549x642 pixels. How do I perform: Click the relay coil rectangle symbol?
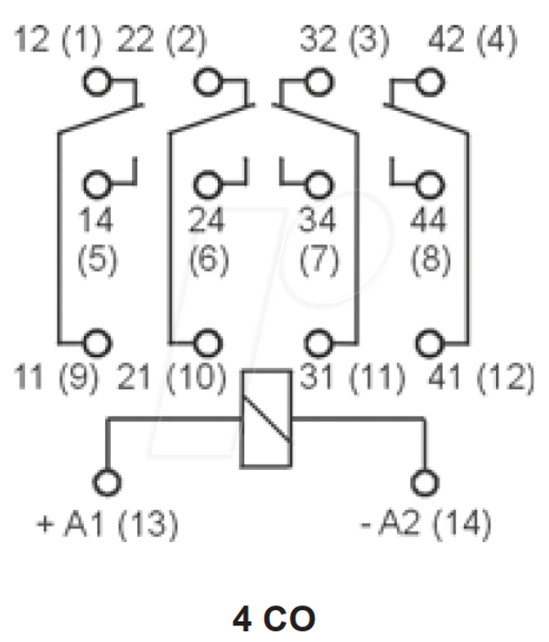[241, 419]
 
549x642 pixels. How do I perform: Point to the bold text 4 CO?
[274, 619]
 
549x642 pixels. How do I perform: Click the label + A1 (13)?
[107, 524]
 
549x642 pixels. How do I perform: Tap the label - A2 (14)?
[425, 524]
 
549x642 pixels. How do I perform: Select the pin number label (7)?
[319, 259]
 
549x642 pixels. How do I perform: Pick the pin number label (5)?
[97, 259]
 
